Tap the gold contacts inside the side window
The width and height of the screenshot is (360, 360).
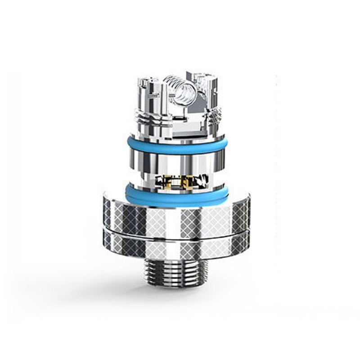tap(180, 181)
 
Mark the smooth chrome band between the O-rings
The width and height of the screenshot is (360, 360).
tap(176, 162)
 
